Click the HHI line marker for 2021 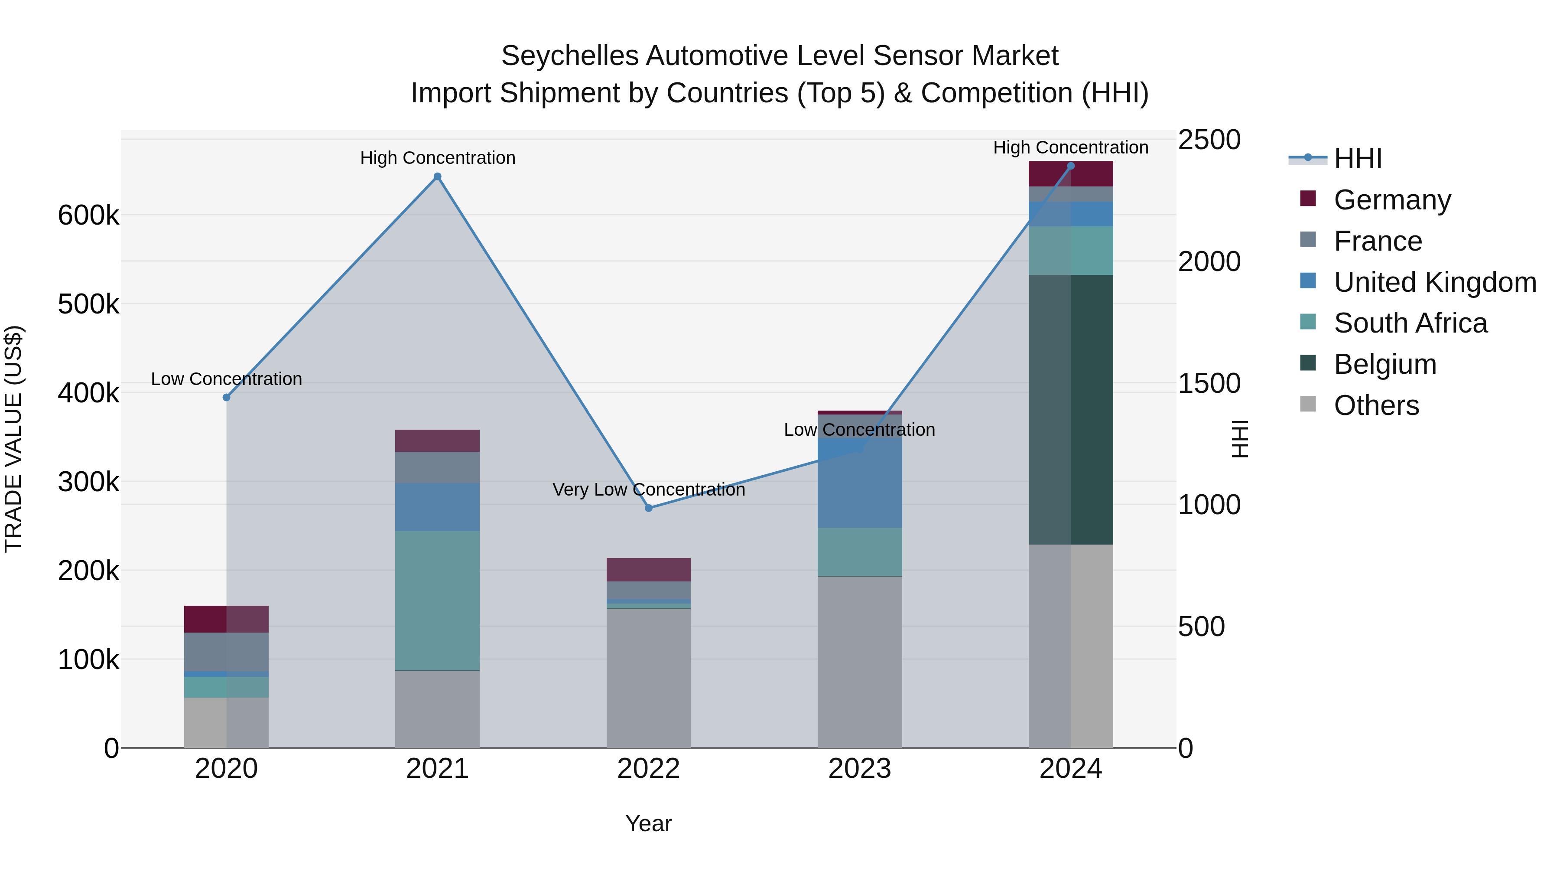pos(437,177)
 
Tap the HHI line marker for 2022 pos(649,508)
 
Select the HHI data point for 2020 pos(227,398)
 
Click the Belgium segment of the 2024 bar pos(1071,410)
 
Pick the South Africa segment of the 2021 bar pos(437,600)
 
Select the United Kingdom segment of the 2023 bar pos(859,479)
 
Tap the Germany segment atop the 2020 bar pos(227,619)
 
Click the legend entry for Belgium pos(1384,364)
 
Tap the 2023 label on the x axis pos(859,769)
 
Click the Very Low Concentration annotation pos(649,490)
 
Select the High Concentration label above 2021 pos(437,158)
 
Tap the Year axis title pos(649,823)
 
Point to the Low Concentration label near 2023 pos(859,430)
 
